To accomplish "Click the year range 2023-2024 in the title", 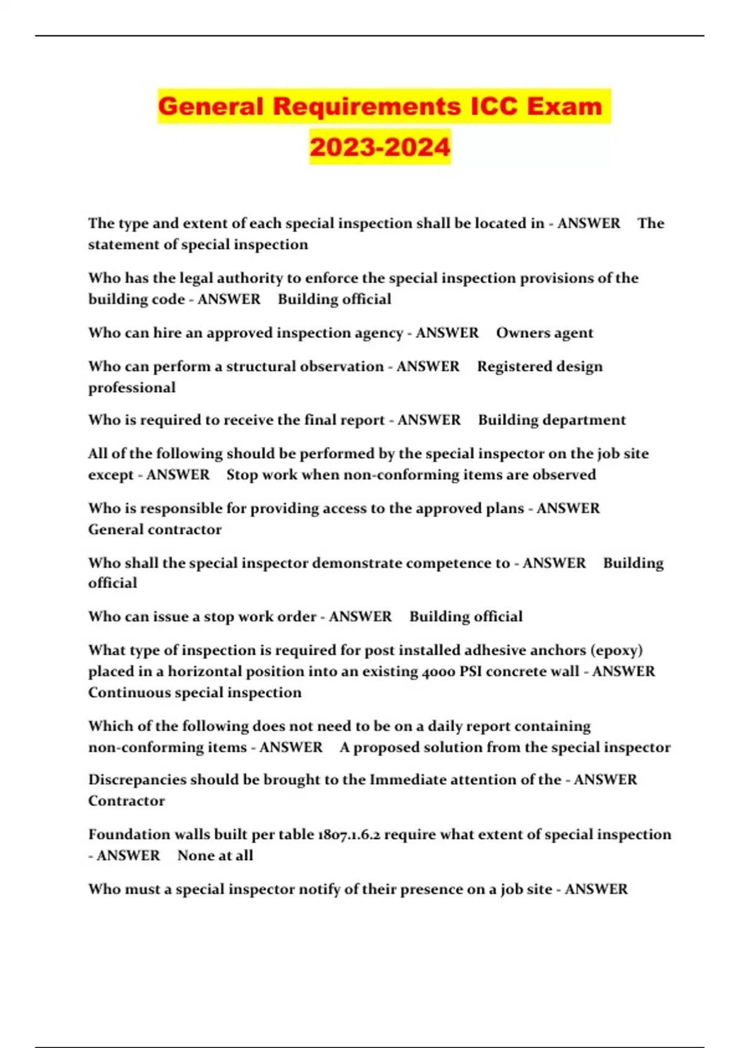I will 380,147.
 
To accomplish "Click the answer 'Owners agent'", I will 545,333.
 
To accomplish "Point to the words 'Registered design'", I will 540,366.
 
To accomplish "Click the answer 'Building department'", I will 552,420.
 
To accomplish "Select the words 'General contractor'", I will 155,530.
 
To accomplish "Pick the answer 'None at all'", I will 215,856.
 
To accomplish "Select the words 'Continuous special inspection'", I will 195,692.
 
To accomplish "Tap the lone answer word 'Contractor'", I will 126,801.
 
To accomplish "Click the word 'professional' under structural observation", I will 132,388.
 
